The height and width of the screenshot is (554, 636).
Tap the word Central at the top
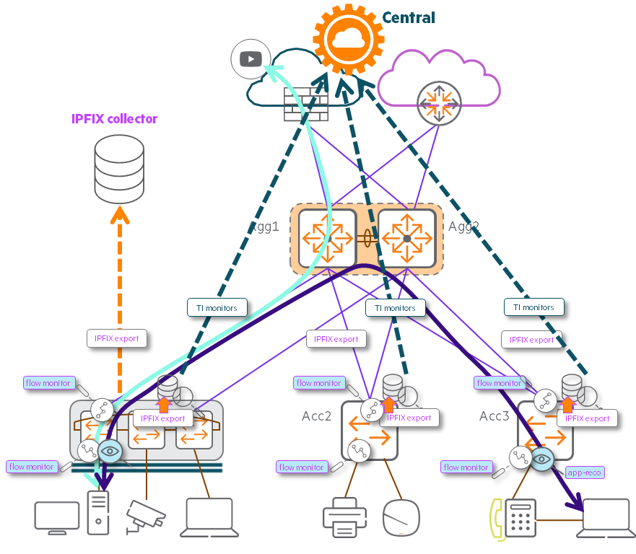click(409, 17)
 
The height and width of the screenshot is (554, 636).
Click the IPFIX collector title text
click(115, 119)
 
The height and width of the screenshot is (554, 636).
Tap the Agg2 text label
click(463, 227)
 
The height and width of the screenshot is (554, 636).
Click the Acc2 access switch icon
click(370, 430)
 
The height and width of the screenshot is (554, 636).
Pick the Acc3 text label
click(495, 416)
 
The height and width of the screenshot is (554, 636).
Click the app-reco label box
click(584, 472)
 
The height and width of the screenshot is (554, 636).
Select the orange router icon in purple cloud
click(438, 102)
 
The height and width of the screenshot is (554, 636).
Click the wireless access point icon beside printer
click(401, 517)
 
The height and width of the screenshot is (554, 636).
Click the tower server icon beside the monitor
click(98, 512)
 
